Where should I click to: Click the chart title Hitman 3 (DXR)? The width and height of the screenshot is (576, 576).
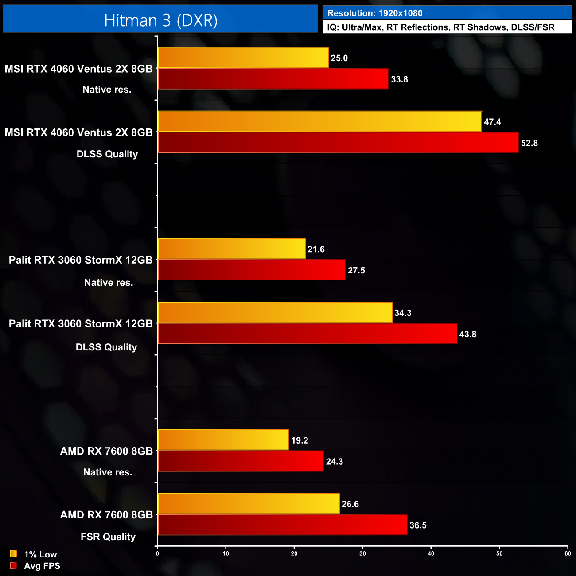pyautogui.click(x=160, y=20)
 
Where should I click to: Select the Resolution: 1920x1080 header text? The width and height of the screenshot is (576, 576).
pyautogui.click(x=374, y=13)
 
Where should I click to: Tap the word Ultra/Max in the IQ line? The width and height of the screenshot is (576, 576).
pyautogui.click(x=362, y=27)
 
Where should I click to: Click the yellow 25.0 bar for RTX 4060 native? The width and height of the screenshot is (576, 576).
pyautogui.click(x=243, y=58)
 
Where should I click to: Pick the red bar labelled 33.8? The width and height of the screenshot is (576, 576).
pyautogui.click(x=273, y=79)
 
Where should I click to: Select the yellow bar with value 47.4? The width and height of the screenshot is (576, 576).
pyautogui.click(x=319, y=121)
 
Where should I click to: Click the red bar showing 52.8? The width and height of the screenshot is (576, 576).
pyautogui.click(x=338, y=143)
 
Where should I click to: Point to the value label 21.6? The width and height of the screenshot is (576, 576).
pyautogui.click(x=316, y=249)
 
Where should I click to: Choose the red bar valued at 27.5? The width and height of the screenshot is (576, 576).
pyautogui.click(x=251, y=270)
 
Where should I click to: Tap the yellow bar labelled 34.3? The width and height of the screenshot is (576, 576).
pyautogui.click(x=275, y=313)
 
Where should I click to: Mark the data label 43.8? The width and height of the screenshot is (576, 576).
pyautogui.click(x=467, y=335)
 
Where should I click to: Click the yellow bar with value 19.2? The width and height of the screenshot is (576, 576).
pyautogui.click(x=223, y=440)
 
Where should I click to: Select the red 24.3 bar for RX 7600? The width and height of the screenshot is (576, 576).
pyautogui.click(x=241, y=461)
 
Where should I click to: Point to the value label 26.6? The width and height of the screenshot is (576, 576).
pyautogui.click(x=350, y=504)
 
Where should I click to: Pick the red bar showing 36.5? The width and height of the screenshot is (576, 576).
pyautogui.click(x=282, y=525)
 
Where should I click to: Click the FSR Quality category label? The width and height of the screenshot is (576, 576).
pyautogui.click(x=108, y=537)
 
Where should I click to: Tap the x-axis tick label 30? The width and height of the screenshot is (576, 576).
pyautogui.click(x=362, y=554)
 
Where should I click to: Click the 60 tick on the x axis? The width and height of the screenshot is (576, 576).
pyautogui.click(x=568, y=554)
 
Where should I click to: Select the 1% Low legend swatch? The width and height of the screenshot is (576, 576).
pyautogui.click(x=13, y=554)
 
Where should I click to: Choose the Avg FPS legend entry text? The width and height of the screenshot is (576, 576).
pyautogui.click(x=42, y=566)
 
